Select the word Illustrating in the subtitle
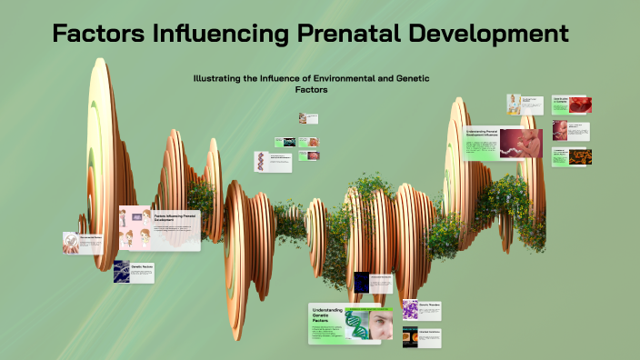coord(221,79)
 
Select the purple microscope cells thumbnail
coord(410,310)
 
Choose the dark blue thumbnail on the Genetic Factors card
coord(122,272)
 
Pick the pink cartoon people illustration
coord(135,227)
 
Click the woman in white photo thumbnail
coord(515,104)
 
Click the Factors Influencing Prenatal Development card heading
coord(174,217)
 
